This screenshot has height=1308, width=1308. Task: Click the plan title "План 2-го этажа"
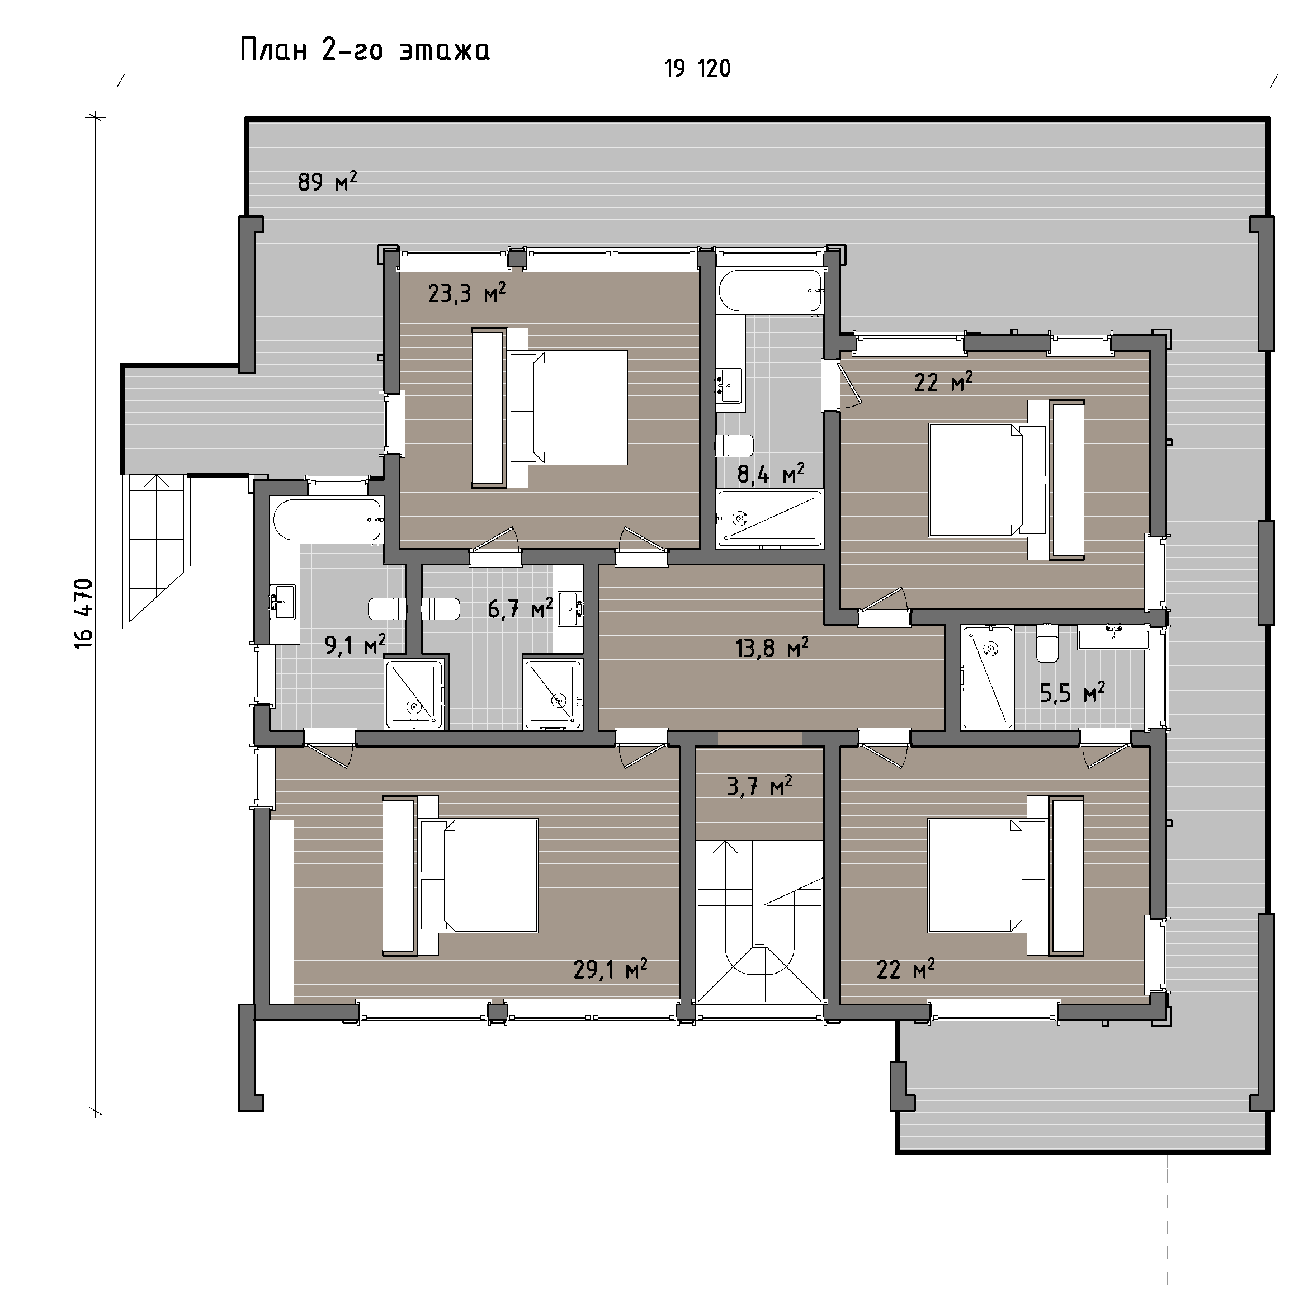coord(365,51)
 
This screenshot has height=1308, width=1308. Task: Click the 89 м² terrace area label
coord(327,181)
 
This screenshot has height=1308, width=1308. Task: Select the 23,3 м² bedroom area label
coord(466,293)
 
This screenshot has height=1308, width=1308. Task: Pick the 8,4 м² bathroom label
coord(771,473)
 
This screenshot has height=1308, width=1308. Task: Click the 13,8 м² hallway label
coord(772,648)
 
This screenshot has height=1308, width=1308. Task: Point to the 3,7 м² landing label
coord(759,786)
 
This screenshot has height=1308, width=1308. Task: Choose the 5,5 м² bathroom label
coord(1073,693)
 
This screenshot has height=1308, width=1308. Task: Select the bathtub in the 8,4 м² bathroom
coord(771,291)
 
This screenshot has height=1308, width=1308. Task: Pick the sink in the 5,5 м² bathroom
coord(1114,639)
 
